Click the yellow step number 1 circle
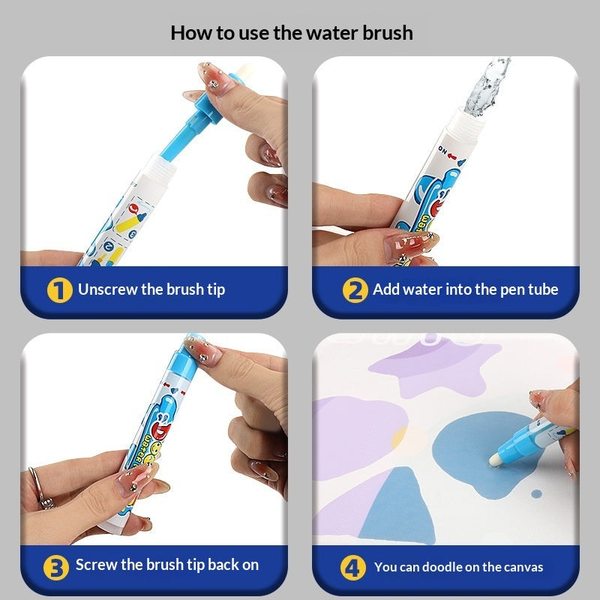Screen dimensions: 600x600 click(60, 289)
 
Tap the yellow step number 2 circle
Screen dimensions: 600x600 click(355, 289)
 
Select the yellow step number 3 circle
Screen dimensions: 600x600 click(55, 566)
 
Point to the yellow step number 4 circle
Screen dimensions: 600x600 click(353, 568)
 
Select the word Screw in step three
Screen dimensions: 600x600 click(96, 565)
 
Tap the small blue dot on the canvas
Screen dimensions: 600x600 click(536, 493)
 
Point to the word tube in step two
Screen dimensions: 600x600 click(542, 289)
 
